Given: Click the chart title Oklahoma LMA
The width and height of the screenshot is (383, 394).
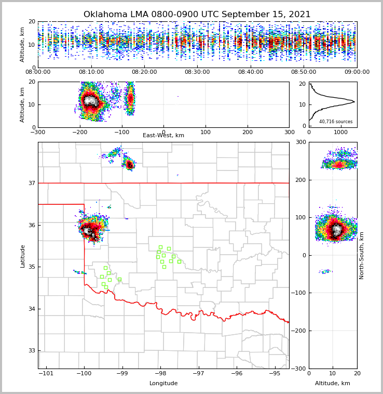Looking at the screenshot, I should click(197, 15).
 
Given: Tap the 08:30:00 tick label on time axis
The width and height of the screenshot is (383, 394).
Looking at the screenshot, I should click(197, 72).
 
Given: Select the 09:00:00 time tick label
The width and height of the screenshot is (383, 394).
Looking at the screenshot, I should click(357, 72).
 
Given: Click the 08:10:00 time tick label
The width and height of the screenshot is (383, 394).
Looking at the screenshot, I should click(91, 72).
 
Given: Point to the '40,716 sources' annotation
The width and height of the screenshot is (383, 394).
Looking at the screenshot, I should click(336, 122).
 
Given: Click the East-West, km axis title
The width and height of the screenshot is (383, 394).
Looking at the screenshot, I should click(163, 136).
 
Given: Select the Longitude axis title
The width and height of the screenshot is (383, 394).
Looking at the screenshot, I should click(163, 384).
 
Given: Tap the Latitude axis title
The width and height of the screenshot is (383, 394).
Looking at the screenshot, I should click(23, 256).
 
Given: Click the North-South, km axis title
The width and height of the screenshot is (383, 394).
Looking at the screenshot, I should click(362, 256).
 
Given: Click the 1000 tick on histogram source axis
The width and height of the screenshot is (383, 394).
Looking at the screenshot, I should click(341, 132).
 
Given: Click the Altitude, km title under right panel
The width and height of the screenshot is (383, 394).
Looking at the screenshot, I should click(333, 384).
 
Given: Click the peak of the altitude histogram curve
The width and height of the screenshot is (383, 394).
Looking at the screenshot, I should click(354, 101).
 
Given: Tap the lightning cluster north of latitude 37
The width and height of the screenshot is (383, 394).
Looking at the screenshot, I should click(129, 165).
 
